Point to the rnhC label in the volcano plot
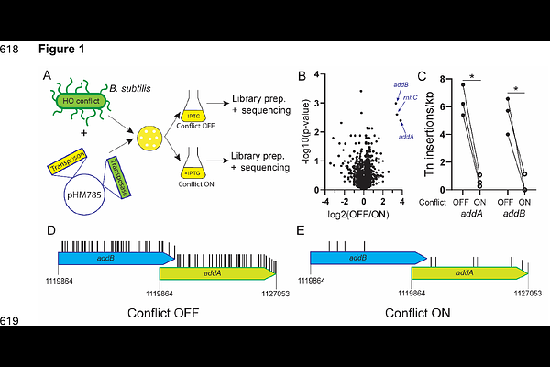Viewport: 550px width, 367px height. pos(411,96)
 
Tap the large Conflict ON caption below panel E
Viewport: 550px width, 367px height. pos(418,313)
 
